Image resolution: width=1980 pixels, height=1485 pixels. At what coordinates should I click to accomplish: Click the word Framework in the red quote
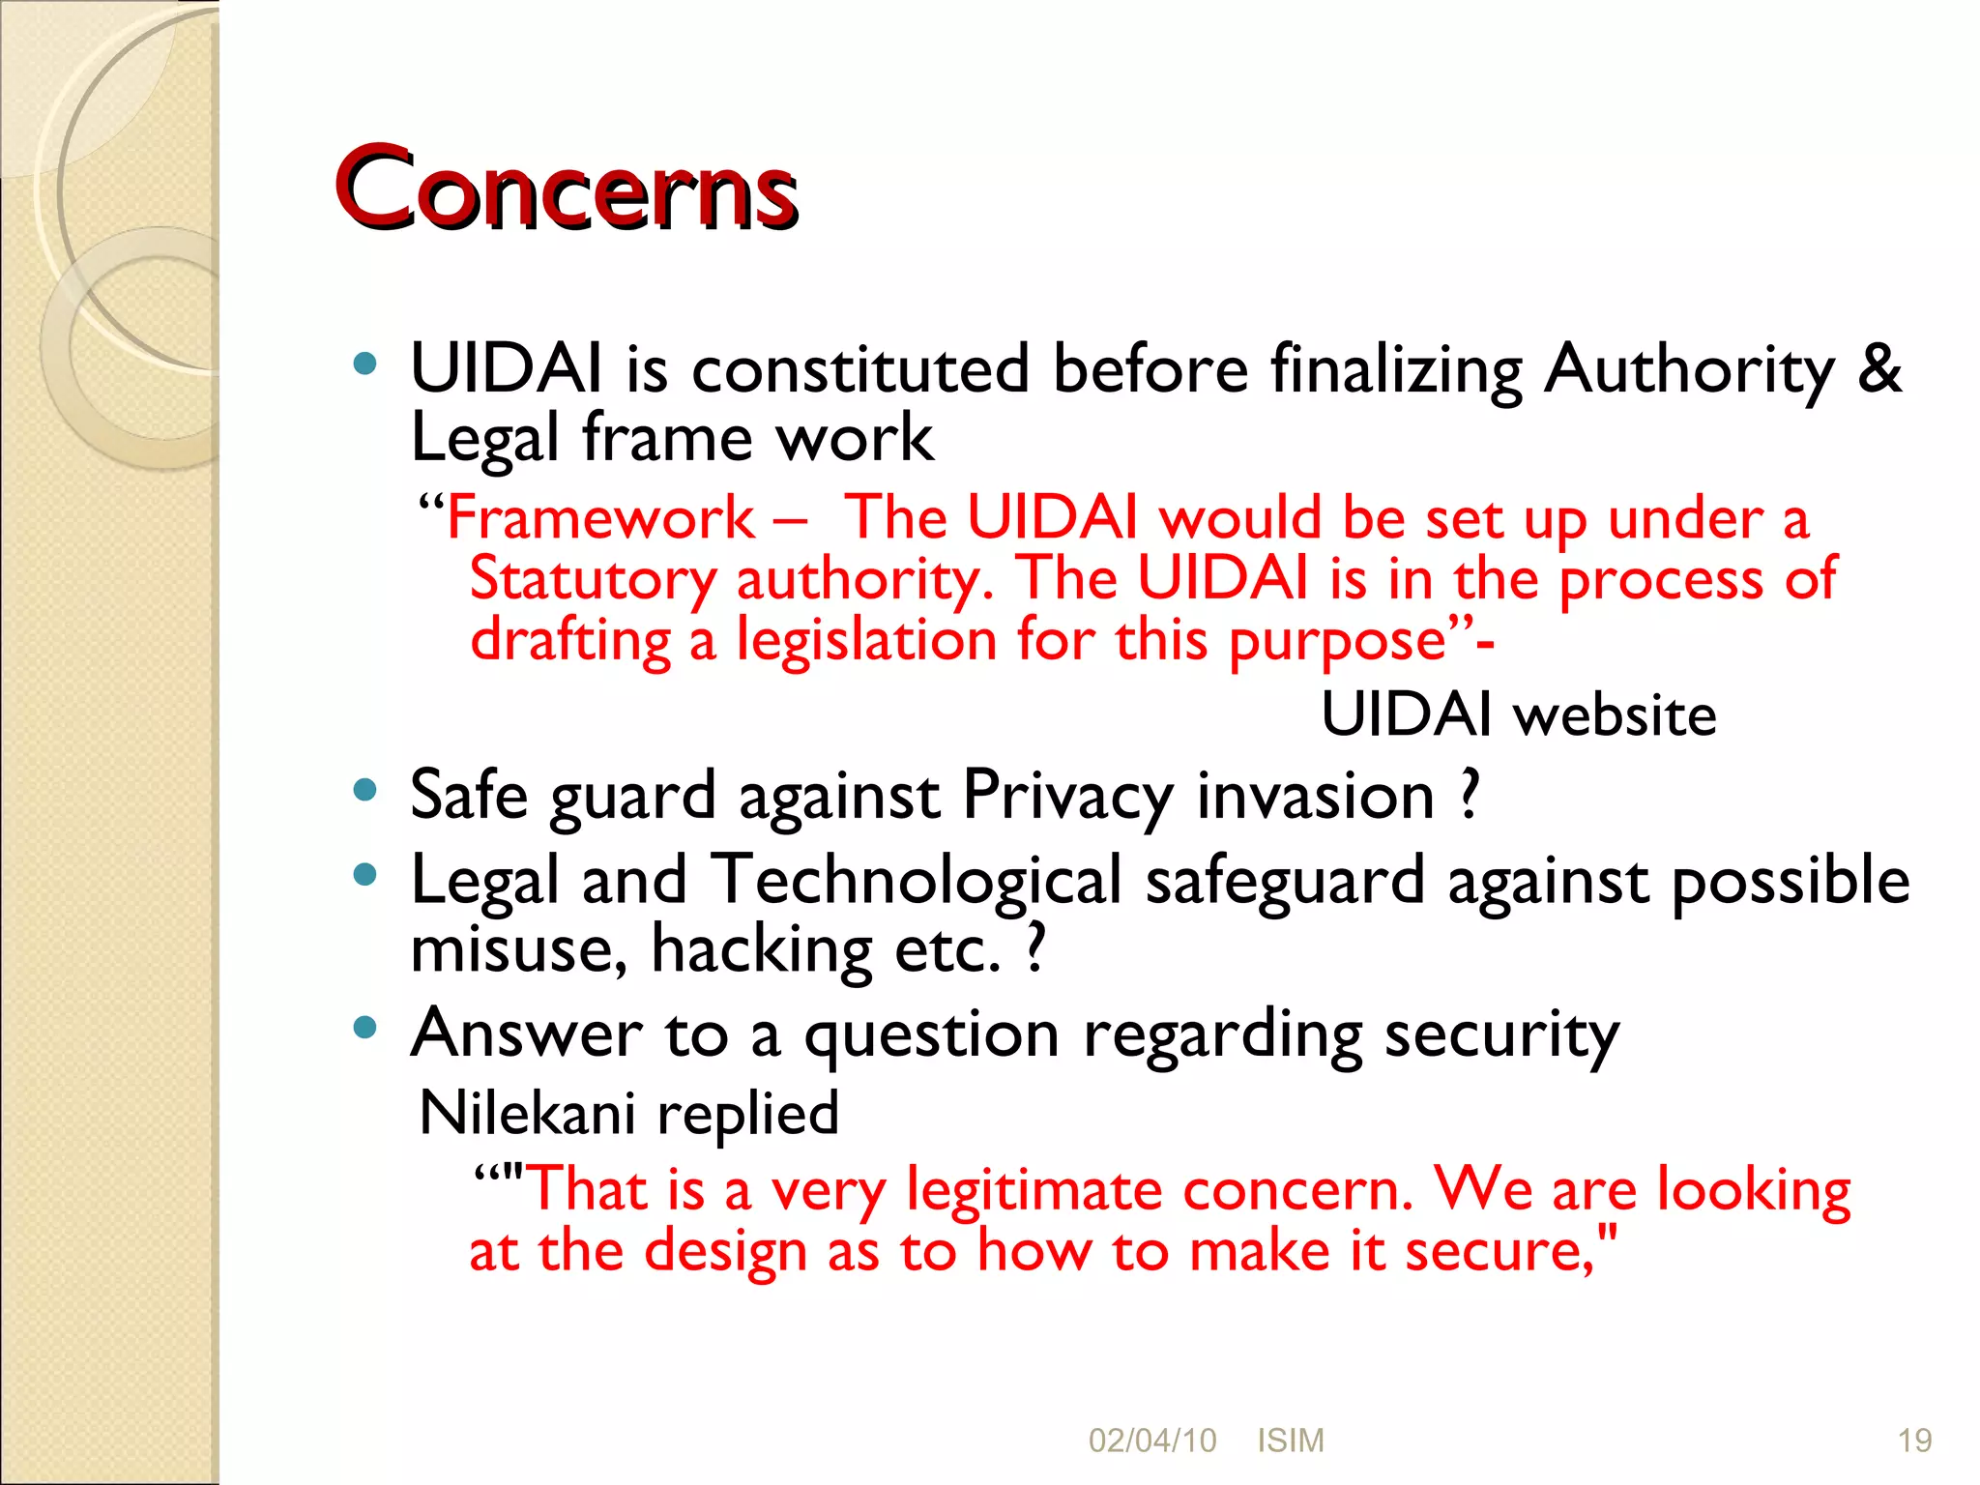600,517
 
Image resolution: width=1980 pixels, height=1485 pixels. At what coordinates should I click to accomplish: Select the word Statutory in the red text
592,579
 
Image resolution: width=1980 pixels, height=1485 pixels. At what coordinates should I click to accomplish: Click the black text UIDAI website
1518,715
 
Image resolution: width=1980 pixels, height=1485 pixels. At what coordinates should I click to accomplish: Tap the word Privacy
1067,796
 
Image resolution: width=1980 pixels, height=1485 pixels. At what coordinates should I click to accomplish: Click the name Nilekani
527,1113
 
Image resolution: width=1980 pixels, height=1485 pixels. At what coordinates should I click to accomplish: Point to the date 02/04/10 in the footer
1151,1441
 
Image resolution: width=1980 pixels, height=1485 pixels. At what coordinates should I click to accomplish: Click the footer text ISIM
1290,1441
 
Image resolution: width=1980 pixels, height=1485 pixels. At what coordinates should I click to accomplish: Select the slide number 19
1914,1441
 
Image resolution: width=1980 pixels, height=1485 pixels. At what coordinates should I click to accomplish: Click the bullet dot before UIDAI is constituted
364,364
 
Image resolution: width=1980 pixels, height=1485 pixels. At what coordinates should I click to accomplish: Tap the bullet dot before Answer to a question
364,1027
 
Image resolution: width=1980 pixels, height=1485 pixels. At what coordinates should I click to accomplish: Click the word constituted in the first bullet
860,368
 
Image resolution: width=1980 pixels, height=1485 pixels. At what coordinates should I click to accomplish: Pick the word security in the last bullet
1501,1035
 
